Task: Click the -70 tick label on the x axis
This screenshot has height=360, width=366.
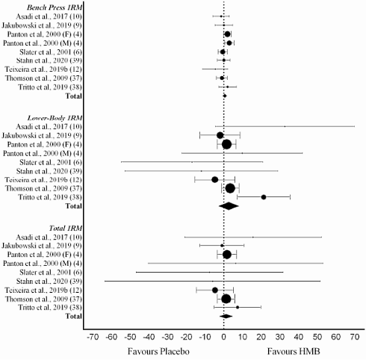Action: [93, 337]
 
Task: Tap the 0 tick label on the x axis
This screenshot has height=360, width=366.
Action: [223, 337]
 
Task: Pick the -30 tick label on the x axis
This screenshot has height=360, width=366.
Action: [167, 337]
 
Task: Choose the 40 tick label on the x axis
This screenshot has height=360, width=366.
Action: [298, 337]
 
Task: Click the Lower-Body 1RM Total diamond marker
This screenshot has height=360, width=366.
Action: [227, 205]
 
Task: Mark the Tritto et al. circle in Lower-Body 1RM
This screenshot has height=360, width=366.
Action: [264, 197]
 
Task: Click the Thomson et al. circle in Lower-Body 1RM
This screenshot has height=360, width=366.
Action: [230, 188]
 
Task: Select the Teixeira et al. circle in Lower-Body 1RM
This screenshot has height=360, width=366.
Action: [215, 179]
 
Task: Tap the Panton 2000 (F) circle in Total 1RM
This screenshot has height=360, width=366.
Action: [227, 255]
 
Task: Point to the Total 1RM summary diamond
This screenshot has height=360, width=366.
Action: [226, 316]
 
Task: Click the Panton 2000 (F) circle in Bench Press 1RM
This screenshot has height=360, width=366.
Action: [227, 34]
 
